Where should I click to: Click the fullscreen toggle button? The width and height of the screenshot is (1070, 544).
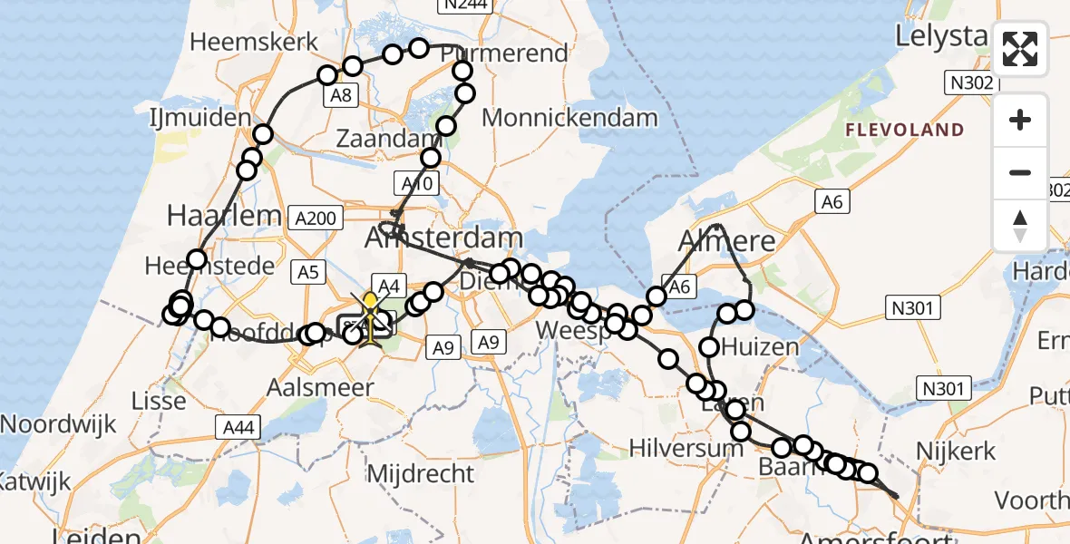pyautogui.click(x=1020, y=49)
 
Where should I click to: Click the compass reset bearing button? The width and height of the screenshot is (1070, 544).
pyautogui.click(x=1020, y=225)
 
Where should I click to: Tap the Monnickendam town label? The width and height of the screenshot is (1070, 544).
pyautogui.click(x=569, y=117)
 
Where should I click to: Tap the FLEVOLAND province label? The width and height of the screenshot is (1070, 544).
pyautogui.click(x=905, y=130)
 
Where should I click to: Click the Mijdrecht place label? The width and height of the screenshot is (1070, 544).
pyautogui.click(x=420, y=472)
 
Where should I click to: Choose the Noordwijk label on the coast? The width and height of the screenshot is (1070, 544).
pyautogui.click(x=59, y=423)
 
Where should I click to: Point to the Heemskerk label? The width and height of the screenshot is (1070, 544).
pyautogui.click(x=255, y=42)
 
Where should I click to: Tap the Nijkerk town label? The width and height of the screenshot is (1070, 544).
pyautogui.click(x=957, y=451)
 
